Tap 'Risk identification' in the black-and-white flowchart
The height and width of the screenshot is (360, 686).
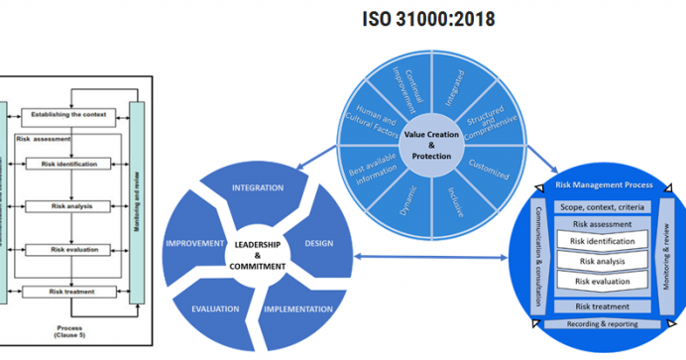click(x=69, y=164)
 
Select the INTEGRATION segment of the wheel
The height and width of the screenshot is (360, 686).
click(x=257, y=186)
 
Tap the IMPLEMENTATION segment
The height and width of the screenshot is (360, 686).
click(x=296, y=308)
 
